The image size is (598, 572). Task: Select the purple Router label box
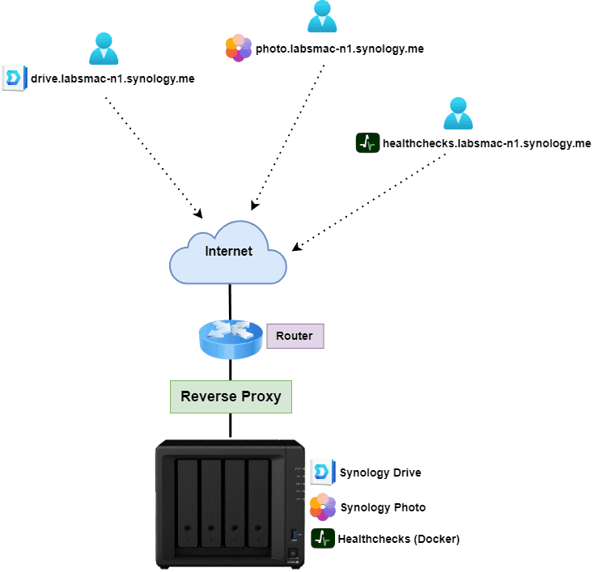[x=295, y=336]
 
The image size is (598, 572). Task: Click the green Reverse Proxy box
[x=231, y=396]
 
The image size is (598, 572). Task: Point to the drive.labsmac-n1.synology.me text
[x=112, y=79]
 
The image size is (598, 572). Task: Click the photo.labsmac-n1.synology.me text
[x=340, y=49]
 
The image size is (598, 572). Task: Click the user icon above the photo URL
[x=322, y=17]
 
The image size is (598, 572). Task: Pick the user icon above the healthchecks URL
[x=457, y=113]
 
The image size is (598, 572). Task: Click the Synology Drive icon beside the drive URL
[x=14, y=78]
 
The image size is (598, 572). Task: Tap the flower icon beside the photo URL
[x=238, y=49]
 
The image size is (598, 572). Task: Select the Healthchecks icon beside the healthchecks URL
[x=368, y=143]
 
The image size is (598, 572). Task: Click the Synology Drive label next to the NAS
[x=380, y=473]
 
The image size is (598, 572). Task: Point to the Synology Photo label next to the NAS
[x=383, y=507]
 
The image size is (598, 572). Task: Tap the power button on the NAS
[x=294, y=555]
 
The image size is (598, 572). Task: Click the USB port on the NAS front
[x=294, y=534]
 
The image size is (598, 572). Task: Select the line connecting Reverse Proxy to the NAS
[x=231, y=426]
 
